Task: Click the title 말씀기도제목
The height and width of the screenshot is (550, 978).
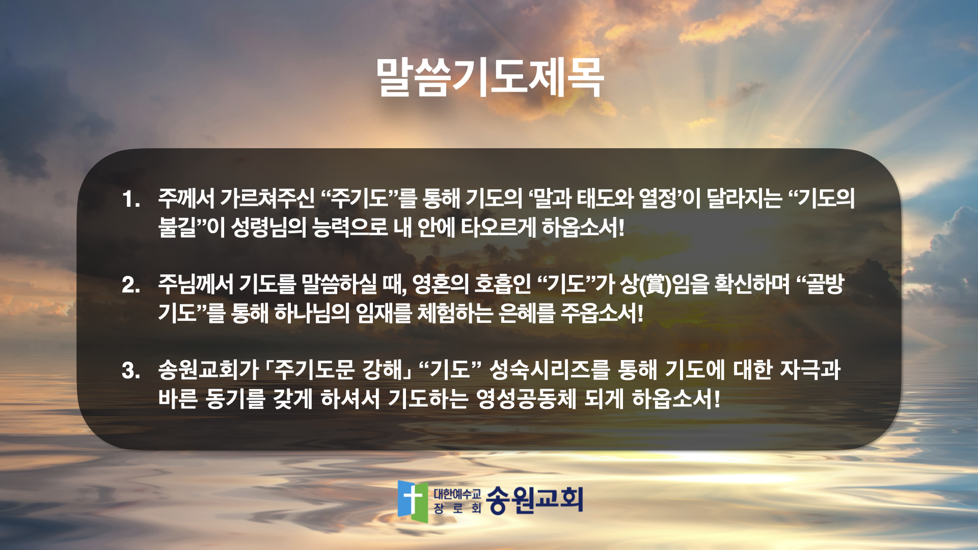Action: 490,77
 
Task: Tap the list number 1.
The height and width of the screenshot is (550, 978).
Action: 130,199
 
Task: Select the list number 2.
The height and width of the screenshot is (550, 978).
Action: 131,285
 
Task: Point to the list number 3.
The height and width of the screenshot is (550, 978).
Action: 131,370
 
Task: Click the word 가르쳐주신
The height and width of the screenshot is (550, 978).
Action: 267,198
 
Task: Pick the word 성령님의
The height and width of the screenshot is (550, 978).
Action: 268,227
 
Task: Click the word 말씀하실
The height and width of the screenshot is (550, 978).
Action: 339,284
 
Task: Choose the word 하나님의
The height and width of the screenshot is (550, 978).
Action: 312,313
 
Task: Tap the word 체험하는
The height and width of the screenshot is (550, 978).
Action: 455,313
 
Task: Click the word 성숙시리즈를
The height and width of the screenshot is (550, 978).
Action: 549,370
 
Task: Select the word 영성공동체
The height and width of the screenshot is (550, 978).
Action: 526,398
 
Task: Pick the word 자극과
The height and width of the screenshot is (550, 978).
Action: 810,370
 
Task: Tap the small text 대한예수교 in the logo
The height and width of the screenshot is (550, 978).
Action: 457,494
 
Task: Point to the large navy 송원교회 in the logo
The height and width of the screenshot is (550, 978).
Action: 534,500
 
